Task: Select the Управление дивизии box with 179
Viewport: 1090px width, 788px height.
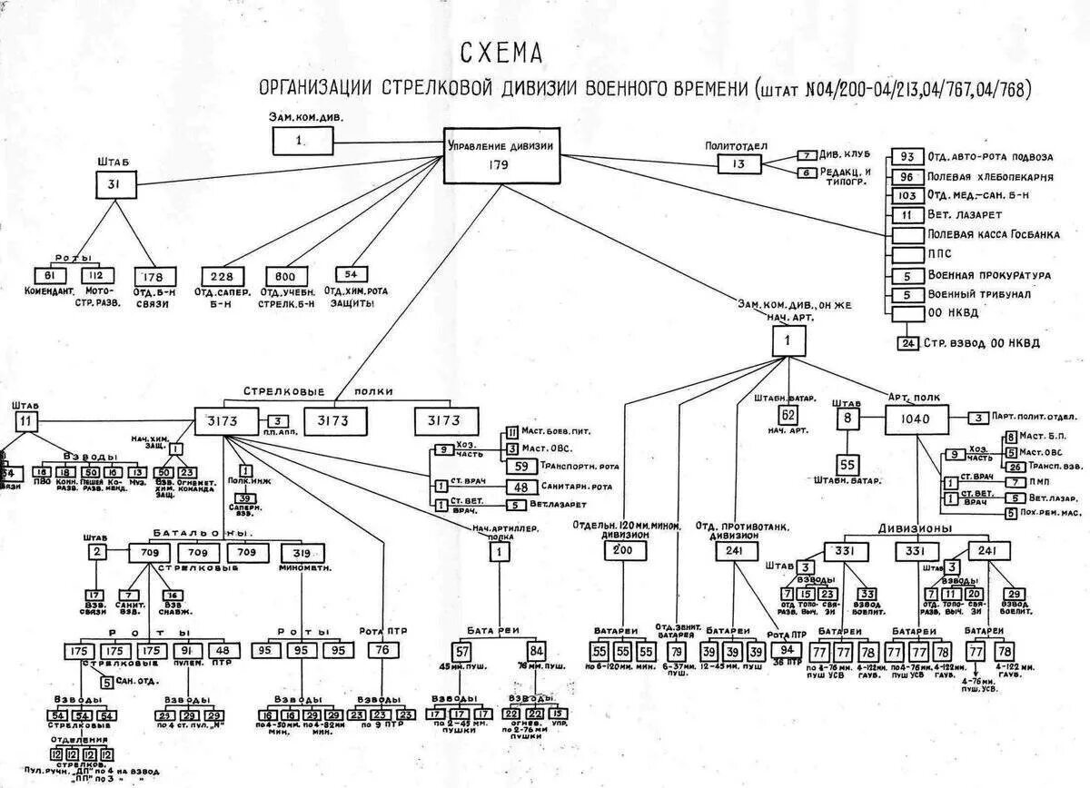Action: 499,155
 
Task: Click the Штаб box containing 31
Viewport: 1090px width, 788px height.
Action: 114,186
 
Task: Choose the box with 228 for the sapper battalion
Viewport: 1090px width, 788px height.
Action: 223,277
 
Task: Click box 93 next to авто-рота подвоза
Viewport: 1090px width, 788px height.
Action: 906,157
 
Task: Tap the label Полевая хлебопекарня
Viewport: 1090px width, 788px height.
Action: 990,176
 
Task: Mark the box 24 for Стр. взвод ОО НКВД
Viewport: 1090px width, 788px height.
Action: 907,343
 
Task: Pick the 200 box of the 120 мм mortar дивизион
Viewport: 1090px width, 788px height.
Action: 623,550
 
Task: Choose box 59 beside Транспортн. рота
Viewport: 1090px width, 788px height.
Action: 521,466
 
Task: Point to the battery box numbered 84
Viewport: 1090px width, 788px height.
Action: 536,650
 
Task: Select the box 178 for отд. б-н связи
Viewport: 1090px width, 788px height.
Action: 154,276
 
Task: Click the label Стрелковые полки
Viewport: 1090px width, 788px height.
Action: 318,391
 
